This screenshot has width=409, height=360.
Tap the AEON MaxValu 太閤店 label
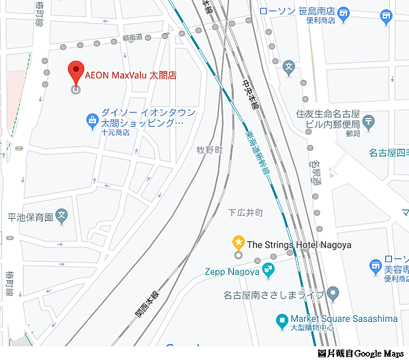pos(130,74)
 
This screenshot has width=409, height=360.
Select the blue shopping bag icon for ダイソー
pos(92,121)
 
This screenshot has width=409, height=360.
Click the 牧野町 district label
pos(210,150)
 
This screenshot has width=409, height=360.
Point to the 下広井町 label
pos(245,213)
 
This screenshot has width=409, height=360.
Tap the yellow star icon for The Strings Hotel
pos(238,241)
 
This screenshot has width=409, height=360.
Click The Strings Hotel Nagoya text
pos(299,244)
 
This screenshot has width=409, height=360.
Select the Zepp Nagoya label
pos(232,271)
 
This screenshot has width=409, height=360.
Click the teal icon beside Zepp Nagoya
pos(269,271)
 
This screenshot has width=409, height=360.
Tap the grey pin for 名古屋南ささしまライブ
pos(333,295)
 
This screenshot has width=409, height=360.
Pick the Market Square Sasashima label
pos(344,318)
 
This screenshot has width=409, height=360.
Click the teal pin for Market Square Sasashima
pos(281,319)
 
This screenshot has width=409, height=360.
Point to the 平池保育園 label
pos(30,217)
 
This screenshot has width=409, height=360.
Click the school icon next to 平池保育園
pos(62,216)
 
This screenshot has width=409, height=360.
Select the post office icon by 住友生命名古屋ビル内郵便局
pos(369,122)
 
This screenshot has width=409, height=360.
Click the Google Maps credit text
pos(361,353)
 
